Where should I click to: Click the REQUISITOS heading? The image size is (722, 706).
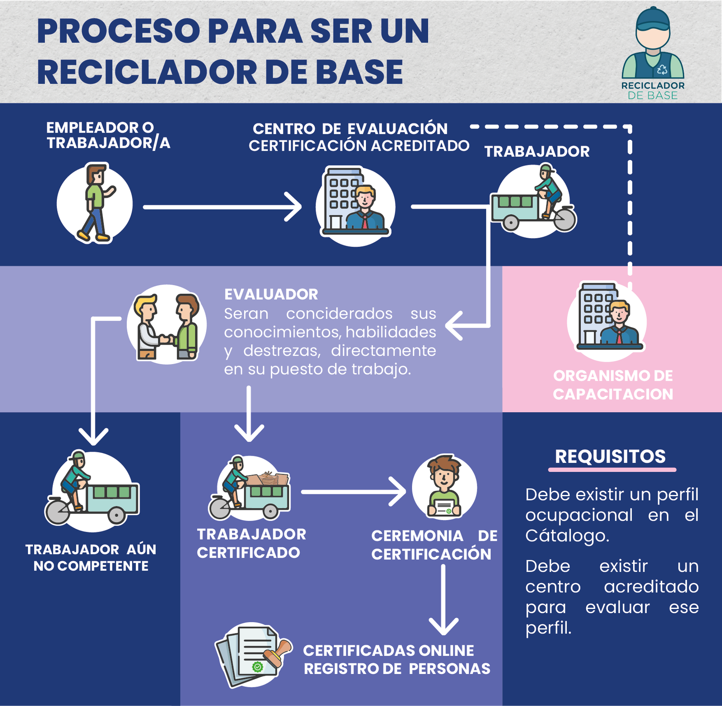coord(610,457)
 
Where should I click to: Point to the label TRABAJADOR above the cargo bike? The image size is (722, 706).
coord(537,152)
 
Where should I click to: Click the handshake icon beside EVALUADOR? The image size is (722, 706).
coord(167,324)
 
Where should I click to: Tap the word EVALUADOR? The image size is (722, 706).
coord(271,295)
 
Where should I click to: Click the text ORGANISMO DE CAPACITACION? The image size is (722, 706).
coord(613,385)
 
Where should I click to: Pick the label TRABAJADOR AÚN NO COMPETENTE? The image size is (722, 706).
coord(91,558)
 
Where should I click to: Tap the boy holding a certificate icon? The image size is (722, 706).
coord(444,487)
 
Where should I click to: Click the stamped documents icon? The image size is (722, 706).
coord(253,655)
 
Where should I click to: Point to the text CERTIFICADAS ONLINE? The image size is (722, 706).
coord(389,651)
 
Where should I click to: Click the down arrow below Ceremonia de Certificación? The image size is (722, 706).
coord(444,600)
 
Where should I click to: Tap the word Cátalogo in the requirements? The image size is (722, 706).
coord(567,536)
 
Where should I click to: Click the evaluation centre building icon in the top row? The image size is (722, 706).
coord(355,205)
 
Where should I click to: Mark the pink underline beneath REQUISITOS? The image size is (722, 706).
coord(612,470)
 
